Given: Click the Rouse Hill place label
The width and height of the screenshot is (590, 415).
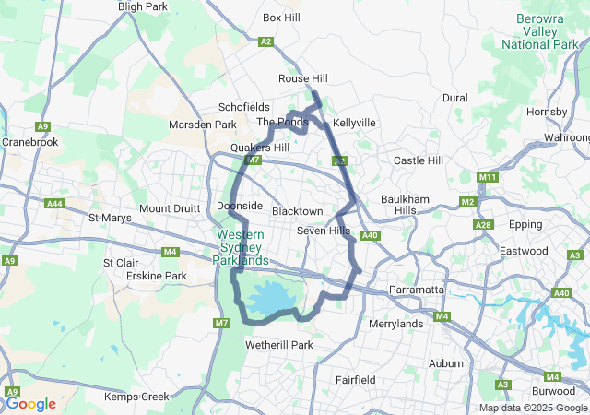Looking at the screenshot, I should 303,79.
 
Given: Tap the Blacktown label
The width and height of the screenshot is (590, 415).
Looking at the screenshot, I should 297,211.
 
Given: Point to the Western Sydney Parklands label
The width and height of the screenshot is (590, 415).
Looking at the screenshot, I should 242,247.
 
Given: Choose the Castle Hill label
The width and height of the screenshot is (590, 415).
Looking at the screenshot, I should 419,160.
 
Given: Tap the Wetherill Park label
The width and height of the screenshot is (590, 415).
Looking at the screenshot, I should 279,345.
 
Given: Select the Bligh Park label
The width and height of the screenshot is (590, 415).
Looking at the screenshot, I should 142,6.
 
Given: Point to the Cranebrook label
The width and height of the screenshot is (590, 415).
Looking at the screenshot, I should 29,142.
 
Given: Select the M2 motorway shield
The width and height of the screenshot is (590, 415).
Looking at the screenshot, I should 467,202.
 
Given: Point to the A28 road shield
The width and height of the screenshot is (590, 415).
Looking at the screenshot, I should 482,225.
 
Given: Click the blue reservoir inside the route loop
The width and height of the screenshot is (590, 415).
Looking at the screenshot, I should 273,299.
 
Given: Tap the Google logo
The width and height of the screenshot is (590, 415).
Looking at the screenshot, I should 30,403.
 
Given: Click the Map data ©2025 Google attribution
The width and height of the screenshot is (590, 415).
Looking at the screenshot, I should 533,408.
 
